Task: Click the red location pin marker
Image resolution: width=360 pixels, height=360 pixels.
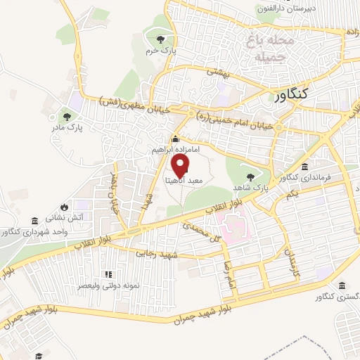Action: pyautogui.click(x=181, y=166)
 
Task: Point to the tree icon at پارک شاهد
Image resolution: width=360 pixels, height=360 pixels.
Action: pyautogui.click(x=250, y=176)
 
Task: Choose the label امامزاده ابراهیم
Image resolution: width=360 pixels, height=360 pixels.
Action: pyautogui.click(x=176, y=150)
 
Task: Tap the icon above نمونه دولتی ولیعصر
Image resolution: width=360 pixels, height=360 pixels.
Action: pyautogui.click(x=108, y=275)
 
